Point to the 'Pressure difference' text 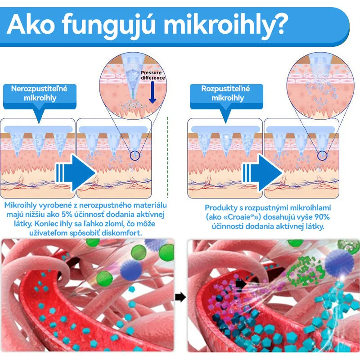pyautogui.click(x=153, y=75)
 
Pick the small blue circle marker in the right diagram pyautogui.click(x=322, y=156)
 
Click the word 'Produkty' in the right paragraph pyautogui.click(x=221, y=207)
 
